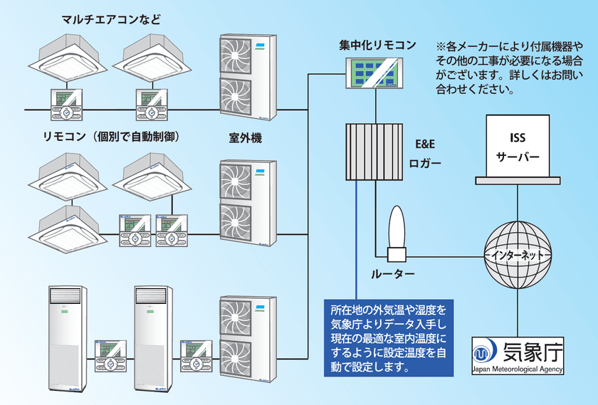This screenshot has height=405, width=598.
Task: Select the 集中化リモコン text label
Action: coord(377,46)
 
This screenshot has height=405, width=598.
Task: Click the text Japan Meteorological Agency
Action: coord(518,370)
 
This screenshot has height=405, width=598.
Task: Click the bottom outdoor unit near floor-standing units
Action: coord(246,339)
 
